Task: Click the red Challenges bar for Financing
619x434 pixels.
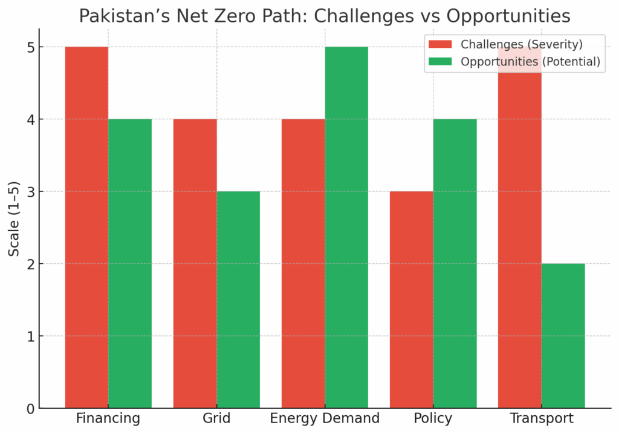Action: tap(86, 227)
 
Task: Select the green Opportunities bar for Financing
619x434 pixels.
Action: tap(130, 263)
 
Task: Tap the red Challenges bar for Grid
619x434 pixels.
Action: tap(195, 263)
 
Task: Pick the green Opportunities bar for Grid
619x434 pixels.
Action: tap(238, 300)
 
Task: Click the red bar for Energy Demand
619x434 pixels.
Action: tap(303, 263)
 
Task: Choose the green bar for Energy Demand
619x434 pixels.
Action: tap(346, 227)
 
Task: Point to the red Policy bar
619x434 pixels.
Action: tap(412, 300)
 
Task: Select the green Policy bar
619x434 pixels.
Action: tap(455, 263)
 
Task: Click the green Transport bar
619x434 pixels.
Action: tap(563, 336)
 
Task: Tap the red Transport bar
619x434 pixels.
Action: tap(520, 242)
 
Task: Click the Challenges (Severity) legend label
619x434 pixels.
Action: tap(522, 44)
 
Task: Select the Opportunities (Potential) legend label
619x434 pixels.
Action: tap(530, 62)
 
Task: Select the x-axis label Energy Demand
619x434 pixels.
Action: tap(325, 419)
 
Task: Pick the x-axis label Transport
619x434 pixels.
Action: tap(542, 419)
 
